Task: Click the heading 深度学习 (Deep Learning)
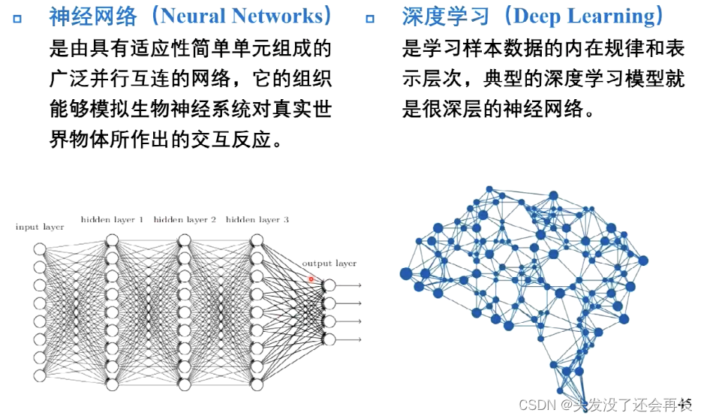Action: (533, 16)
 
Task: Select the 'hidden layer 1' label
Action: (112, 220)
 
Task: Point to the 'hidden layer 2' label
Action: (185, 220)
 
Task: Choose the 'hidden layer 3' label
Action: (257, 220)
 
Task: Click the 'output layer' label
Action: (329, 264)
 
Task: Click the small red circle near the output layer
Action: (311, 279)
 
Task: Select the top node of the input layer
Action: (40, 249)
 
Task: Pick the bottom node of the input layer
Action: (40, 375)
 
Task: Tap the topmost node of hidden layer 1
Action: (112, 240)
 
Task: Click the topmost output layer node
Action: (329, 285)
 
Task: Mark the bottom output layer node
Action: (329, 339)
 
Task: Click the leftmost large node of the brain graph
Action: (407, 273)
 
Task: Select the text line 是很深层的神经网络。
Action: (498, 110)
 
